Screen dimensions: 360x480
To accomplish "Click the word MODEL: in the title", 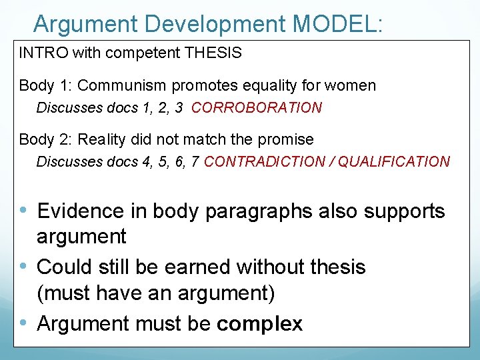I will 338,24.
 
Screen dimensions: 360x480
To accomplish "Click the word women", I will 353,85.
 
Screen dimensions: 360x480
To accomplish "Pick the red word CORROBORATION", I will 257,107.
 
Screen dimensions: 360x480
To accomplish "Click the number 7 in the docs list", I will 195,161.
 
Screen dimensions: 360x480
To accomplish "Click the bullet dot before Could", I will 24,267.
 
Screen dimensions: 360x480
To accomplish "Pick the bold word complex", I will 259,323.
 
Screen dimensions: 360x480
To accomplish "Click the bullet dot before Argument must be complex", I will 24,323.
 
